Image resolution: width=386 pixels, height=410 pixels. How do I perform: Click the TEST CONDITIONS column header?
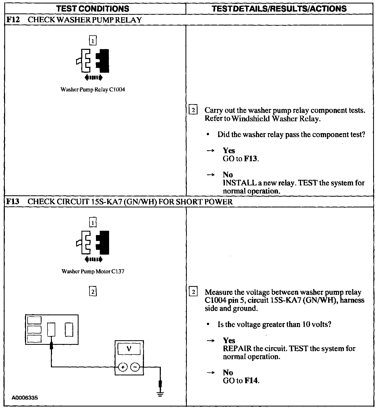point(93,9)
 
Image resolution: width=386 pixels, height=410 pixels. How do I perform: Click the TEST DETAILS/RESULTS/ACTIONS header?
point(279,9)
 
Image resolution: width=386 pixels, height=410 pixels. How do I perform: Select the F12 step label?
point(13,20)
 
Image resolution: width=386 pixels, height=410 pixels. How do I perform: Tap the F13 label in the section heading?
point(13,202)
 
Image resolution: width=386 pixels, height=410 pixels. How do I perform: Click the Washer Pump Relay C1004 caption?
point(93,90)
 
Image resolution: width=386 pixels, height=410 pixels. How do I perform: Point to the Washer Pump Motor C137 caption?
point(93,271)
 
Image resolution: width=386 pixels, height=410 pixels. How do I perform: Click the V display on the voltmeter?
point(129,349)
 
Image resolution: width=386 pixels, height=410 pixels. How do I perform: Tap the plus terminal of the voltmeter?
point(123,367)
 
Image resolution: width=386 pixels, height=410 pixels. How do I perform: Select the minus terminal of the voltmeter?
point(135,367)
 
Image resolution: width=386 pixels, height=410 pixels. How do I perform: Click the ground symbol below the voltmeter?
point(160,394)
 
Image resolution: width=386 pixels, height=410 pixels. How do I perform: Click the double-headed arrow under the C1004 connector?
point(93,78)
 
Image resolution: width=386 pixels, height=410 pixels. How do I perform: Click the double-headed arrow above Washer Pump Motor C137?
point(93,259)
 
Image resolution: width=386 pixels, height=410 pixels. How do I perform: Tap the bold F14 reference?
point(252,381)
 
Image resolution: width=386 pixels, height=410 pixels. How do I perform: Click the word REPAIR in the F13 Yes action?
point(237,349)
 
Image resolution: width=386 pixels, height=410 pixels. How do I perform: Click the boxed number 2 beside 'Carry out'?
point(193,110)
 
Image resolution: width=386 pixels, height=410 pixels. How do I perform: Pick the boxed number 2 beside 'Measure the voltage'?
point(193,292)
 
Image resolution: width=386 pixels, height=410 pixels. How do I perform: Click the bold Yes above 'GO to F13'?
point(229,151)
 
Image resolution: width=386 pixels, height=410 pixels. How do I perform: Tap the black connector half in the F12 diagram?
point(103,61)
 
